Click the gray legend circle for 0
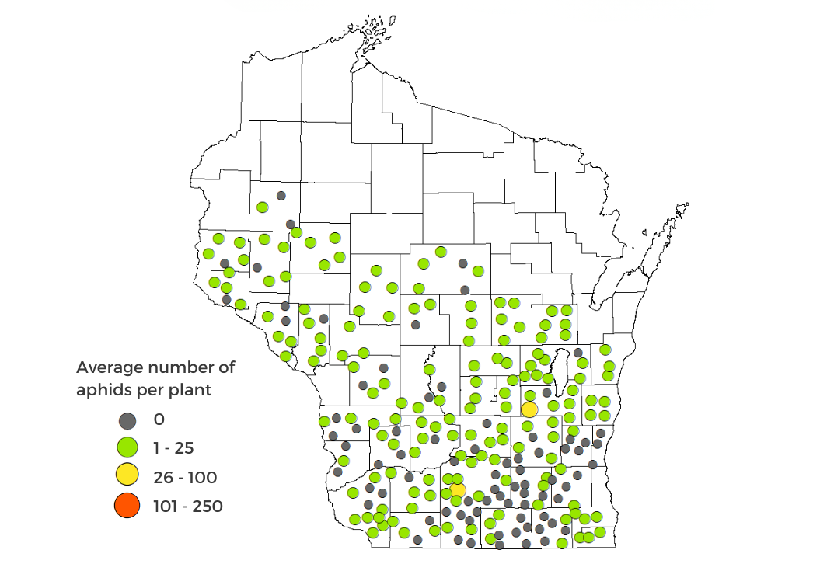click(127, 420)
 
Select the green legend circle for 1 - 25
click(127, 447)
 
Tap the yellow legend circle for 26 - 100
click(127, 476)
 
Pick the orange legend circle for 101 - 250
click(127, 507)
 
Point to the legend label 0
click(159, 420)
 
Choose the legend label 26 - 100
click(185, 477)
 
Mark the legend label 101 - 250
click(189, 507)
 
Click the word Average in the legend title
click(108, 367)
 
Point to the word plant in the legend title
click(189, 390)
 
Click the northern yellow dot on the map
click(529, 409)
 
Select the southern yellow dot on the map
click(458, 489)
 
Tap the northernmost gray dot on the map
click(281, 196)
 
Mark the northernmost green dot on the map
click(263, 207)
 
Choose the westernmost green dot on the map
click(208, 253)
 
